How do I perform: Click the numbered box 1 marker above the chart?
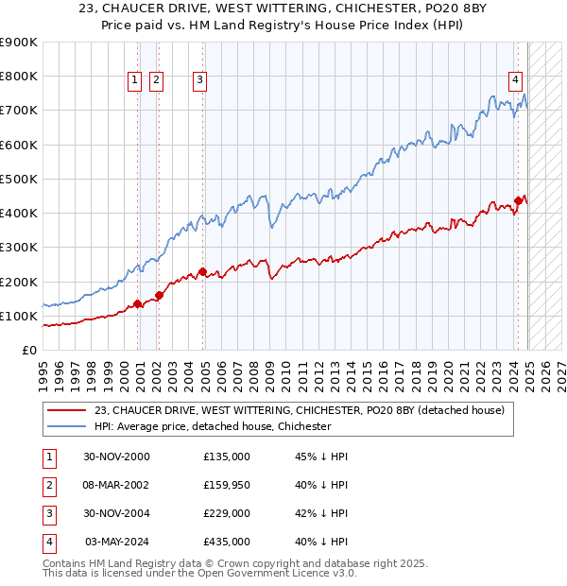coord(135,81)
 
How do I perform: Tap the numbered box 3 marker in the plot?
coord(200,81)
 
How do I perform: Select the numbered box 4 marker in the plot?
coord(516,81)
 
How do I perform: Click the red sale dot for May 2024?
coord(519,200)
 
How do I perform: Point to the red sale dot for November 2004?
coord(202,272)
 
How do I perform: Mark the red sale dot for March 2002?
coord(159,295)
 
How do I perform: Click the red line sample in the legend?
coord(66,410)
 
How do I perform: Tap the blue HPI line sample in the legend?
coord(66,426)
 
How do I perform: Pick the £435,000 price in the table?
coord(227,542)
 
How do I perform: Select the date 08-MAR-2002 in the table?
coord(115,485)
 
